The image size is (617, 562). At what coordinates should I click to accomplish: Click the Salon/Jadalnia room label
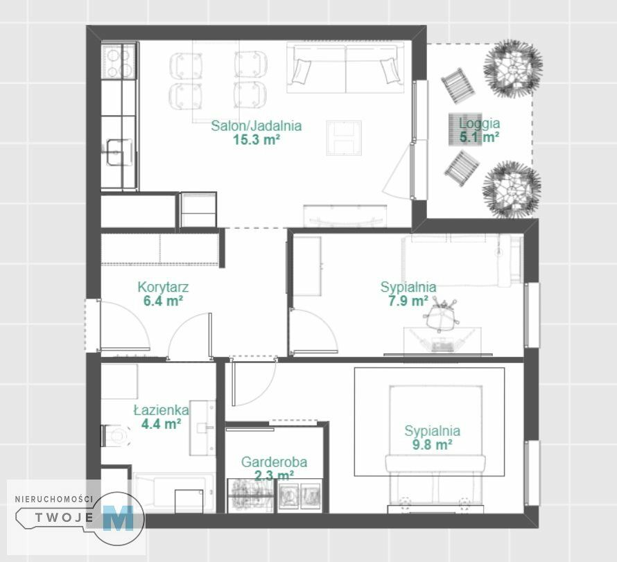[x=257, y=126]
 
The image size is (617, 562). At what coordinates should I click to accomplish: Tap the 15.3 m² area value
[x=257, y=139]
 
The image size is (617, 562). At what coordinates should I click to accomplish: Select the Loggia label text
[x=479, y=123]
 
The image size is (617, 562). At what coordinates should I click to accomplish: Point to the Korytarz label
[x=163, y=287]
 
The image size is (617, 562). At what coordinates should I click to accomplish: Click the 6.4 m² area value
[x=163, y=301]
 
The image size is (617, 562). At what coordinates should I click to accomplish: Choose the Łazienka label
[x=161, y=410]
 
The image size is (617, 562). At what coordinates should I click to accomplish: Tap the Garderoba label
[x=274, y=462]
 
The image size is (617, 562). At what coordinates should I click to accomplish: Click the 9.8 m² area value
[x=432, y=445]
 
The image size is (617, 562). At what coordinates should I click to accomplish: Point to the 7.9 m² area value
[x=408, y=301]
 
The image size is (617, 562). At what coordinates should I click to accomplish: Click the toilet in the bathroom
[x=116, y=436]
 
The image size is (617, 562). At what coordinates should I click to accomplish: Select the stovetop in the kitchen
[x=119, y=61]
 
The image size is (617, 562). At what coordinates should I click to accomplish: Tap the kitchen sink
[x=118, y=152]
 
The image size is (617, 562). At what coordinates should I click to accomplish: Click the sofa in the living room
[x=345, y=68]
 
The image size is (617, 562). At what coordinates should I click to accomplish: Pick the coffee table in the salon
[x=344, y=138]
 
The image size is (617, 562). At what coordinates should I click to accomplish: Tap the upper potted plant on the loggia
[x=512, y=69]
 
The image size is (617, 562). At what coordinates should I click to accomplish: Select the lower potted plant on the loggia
[x=512, y=190]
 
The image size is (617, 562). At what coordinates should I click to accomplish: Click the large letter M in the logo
[x=118, y=518]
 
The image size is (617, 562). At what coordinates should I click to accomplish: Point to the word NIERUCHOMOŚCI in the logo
[x=54, y=499]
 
